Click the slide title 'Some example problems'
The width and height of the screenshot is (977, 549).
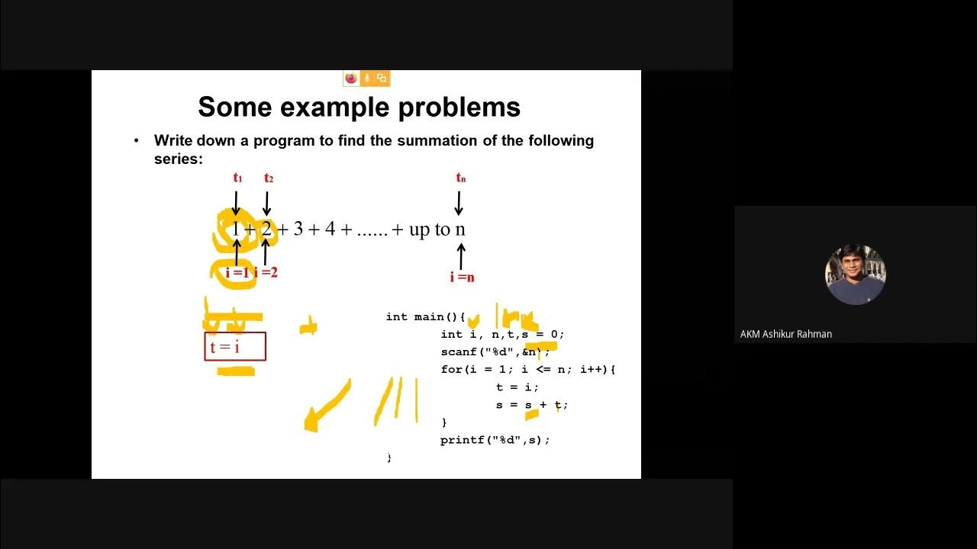click(359, 107)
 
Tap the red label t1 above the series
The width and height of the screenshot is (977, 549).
click(237, 178)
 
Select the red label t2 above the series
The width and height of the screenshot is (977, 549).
click(268, 178)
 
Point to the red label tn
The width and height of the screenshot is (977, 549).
click(460, 178)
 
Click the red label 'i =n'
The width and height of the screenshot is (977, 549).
click(462, 278)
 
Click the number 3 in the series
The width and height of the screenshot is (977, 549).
click(298, 229)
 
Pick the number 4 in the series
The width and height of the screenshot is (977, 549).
click(330, 229)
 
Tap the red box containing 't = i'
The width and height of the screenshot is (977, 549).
click(235, 347)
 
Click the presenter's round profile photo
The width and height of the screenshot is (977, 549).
click(855, 274)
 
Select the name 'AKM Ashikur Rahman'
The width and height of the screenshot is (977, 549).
click(786, 334)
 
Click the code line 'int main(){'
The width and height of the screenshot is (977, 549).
click(425, 316)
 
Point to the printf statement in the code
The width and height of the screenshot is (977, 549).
click(495, 440)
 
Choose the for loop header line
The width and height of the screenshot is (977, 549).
click(527, 369)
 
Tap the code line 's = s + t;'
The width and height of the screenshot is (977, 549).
click(531, 405)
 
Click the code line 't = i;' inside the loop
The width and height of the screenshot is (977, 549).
click(518, 387)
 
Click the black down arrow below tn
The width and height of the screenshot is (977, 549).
click(459, 203)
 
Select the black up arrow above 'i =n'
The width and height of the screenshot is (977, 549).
click(461, 254)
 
